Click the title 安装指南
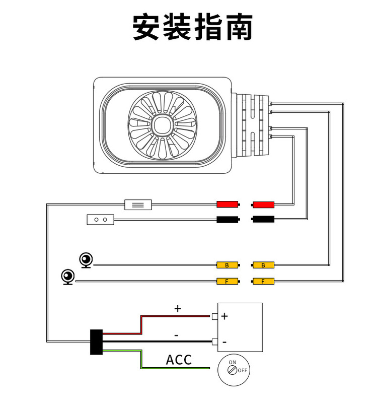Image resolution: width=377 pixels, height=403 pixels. (x=192, y=27)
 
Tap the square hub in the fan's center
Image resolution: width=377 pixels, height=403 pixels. (x=162, y=125)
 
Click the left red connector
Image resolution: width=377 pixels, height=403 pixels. (x=227, y=204)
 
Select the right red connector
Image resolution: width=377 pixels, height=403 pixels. (x=263, y=204)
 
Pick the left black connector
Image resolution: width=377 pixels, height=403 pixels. (x=227, y=219)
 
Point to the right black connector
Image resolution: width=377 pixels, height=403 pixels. (x=263, y=219)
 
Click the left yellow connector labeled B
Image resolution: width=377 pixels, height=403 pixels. (x=227, y=265)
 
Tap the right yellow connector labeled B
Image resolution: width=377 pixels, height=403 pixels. (x=263, y=265)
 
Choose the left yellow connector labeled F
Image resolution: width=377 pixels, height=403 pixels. (x=227, y=281)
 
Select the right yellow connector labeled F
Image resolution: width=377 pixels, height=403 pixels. (x=263, y=281)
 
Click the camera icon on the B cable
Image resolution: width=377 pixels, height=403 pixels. (x=87, y=260)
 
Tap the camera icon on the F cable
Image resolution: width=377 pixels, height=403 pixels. (x=68, y=277)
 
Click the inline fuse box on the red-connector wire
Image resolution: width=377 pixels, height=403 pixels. (x=138, y=205)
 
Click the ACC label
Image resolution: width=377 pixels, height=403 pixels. (x=179, y=360)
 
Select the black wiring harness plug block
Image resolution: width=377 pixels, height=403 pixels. (x=96, y=342)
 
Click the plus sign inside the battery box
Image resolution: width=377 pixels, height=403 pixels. (x=224, y=316)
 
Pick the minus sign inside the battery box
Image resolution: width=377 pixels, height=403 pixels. (x=224, y=342)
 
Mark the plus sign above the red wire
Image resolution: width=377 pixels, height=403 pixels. (x=177, y=308)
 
